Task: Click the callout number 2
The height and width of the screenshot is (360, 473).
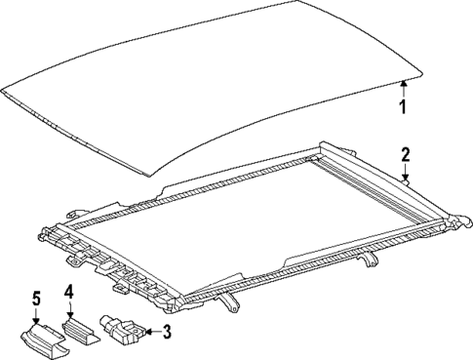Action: click(x=404, y=154)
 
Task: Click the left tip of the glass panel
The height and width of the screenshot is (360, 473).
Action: click(x=4, y=94)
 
